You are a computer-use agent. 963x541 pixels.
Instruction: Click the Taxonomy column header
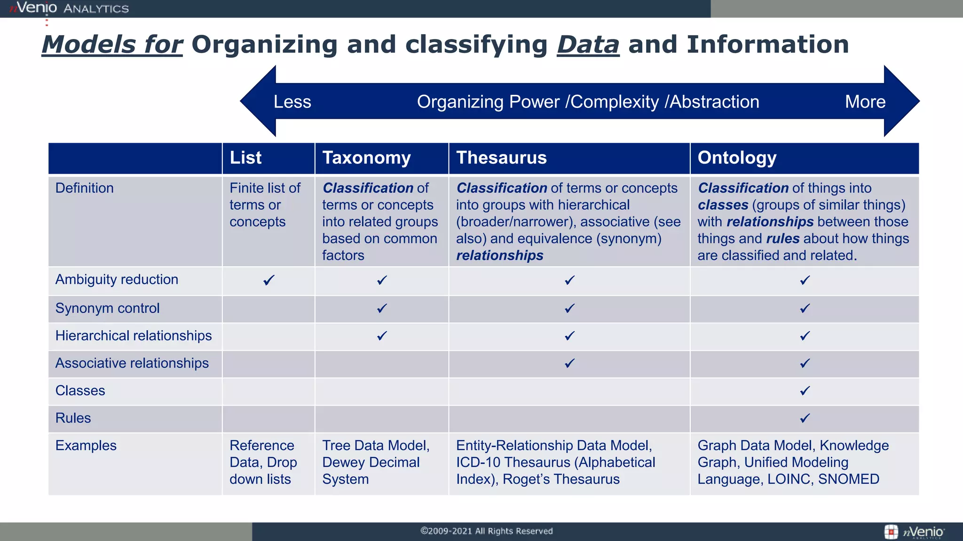pos(366,158)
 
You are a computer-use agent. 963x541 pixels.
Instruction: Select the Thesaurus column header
pos(501,158)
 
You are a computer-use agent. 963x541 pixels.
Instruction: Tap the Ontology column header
pos(736,158)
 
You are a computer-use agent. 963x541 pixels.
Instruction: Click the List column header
pos(245,158)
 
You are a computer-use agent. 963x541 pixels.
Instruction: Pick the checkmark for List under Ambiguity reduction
pos(268,280)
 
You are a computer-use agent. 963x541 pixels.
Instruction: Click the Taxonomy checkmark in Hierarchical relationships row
pos(382,336)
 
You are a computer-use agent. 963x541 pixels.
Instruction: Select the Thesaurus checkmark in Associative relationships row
pos(569,363)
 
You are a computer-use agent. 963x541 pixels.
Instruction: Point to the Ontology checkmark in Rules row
pos(805,418)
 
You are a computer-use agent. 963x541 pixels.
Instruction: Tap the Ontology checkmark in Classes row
pos(805,391)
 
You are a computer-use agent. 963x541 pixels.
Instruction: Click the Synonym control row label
pos(107,309)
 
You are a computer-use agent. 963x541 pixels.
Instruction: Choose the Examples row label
pos(86,446)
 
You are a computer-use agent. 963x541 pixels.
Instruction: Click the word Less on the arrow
pos(292,102)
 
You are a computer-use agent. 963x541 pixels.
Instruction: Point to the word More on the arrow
pos(865,102)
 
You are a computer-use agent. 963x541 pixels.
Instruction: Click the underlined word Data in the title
pos(588,45)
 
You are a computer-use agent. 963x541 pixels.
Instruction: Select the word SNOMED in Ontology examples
pos(848,479)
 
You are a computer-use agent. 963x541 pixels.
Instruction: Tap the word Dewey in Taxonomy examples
pos(343,463)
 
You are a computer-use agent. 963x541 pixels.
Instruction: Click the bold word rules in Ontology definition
pos(782,239)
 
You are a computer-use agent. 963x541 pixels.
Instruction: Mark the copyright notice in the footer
pos(486,531)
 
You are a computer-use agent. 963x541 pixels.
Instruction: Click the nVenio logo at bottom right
pos(915,532)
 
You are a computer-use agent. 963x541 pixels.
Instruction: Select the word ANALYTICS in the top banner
pos(96,9)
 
